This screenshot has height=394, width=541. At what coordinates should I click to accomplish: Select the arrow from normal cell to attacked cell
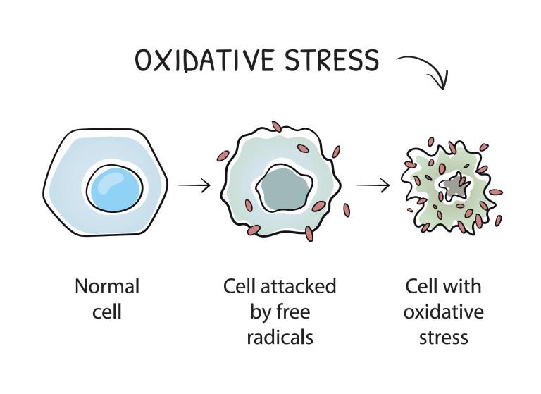[194, 186]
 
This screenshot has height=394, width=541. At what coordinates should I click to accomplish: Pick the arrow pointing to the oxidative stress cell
[373, 186]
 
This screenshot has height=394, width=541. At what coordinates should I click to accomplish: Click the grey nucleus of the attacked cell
[281, 188]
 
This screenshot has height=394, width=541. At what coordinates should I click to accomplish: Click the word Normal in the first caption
[107, 287]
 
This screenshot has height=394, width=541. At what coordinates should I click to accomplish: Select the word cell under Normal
[107, 311]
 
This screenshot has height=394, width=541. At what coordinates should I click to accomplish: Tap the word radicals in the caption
[280, 336]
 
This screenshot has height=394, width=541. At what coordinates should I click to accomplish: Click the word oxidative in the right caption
[443, 311]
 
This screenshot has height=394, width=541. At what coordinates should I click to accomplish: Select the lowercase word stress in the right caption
[443, 336]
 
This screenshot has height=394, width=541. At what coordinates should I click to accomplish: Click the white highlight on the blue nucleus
[109, 183]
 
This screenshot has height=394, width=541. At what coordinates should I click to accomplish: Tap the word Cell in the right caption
[421, 287]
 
